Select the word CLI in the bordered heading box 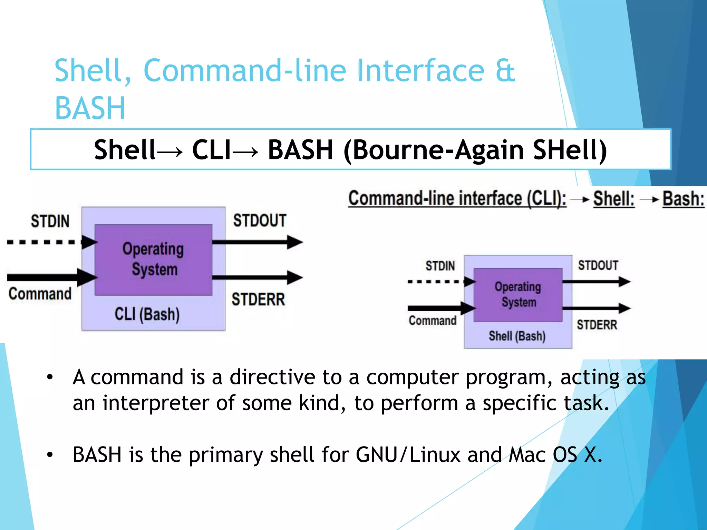point(211,150)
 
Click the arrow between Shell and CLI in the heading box point(170,151)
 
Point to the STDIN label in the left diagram point(50,221)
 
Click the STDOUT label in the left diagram point(260,220)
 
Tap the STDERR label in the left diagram point(258,299)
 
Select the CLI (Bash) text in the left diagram point(147,314)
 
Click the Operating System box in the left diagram point(153,259)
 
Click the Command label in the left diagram point(40,294)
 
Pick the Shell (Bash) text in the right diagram point(517,336)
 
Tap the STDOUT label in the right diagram point(598,265)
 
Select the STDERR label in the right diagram point(597,325)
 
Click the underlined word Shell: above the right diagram point(614,199)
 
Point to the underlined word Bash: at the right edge point(683,199)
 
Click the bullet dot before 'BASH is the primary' point(50,455)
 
